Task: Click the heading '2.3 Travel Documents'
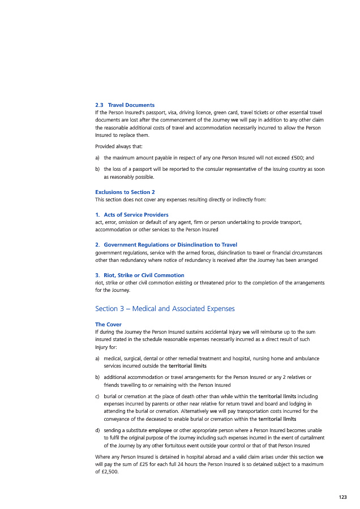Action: [x=125, y=105]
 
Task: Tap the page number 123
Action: [x=342, y=497]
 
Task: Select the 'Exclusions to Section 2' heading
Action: [x=125, y=192]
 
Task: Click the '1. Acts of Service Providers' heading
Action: [x=131, y=215]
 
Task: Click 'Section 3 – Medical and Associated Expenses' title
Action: [x=165, y=309]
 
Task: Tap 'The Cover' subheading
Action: [x=108, y=325]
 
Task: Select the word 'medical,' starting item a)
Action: [x=114, y=359]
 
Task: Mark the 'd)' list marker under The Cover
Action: [x=98, y=430]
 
